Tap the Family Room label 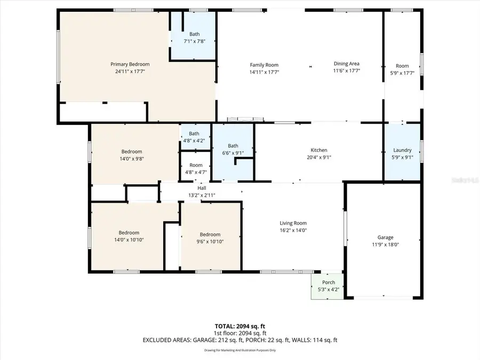[x=265, y=65]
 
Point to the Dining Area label [x=347, y=63]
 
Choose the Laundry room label [x=402, y=150]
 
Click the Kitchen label [x=319, y=150]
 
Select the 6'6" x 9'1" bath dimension [x=233, y=153]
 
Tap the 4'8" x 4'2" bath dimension [x=194, y=141]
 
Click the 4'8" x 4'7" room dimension [x=196, y=172]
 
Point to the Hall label [x=202, y=188]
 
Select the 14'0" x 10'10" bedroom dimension [x=129, y=240]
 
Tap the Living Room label [x=293, y=223]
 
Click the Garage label [x=386, y=237]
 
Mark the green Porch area [x=328, y=286]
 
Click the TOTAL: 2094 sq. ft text [x=239, y=325]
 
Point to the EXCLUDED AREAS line [x=239, y=340]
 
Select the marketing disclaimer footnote [x=239, y=350]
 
